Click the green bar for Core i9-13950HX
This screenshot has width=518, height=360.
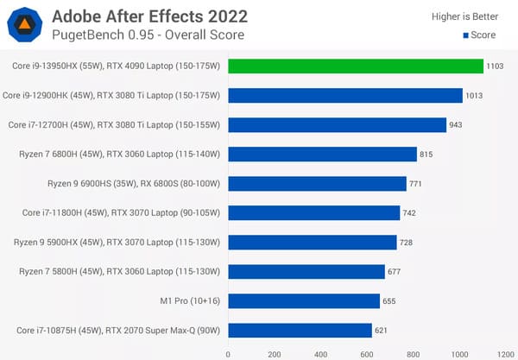point(356,66)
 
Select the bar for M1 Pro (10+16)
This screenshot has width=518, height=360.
point(304,301)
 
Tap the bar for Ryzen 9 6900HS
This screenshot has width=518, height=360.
point(317,184)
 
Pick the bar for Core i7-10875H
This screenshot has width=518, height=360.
point(300,331)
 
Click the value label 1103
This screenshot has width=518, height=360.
point(497,66)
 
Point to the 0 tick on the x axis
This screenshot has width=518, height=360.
point(228,352)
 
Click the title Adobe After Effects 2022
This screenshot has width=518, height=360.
point(149,16)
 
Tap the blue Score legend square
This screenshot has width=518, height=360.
point(466,35)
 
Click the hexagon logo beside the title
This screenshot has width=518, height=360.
point(26,25)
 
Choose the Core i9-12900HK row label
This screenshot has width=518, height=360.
point(112,96)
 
